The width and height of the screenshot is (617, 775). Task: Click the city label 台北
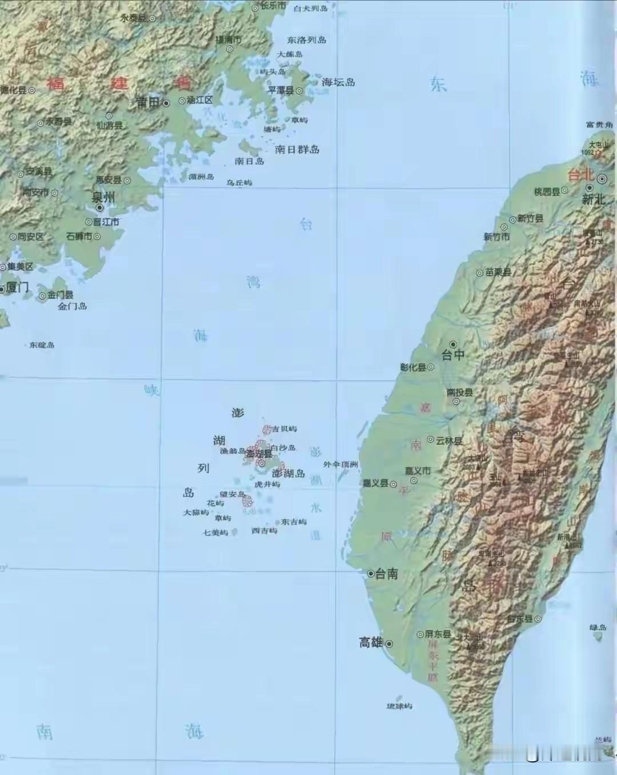(x=580, y=175)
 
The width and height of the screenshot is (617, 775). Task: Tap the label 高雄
(x=371, y=642)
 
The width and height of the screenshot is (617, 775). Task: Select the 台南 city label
(x=386, y=574)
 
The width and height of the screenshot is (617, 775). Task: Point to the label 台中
(x=453, y=355)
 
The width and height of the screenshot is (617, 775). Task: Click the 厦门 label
(x=17, y=287)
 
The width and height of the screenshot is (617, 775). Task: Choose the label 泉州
(x=103, y=197)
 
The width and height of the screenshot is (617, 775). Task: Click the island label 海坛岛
(x=338, y=82)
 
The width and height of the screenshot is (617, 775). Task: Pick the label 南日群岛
(x=297, y=150)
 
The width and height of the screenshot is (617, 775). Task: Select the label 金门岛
(x=73, y=306)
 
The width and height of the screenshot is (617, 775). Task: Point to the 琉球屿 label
(x=399, y=706)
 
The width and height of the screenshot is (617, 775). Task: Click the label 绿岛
(x=598, y=628)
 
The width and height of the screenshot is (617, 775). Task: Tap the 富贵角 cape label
(x=599, y=125)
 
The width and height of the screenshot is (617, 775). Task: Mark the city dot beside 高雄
(x=390, y=644)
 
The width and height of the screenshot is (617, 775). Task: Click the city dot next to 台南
(x=370, y=573)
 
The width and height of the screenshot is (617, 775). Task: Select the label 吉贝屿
(x=284, y=429)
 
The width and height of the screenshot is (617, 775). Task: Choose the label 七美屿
(x=215, y=533)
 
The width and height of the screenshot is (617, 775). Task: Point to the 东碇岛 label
(x=42, y=345)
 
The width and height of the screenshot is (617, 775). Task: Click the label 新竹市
(x=496, y=237)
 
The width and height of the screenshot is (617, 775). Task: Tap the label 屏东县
(x=438, y=634)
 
